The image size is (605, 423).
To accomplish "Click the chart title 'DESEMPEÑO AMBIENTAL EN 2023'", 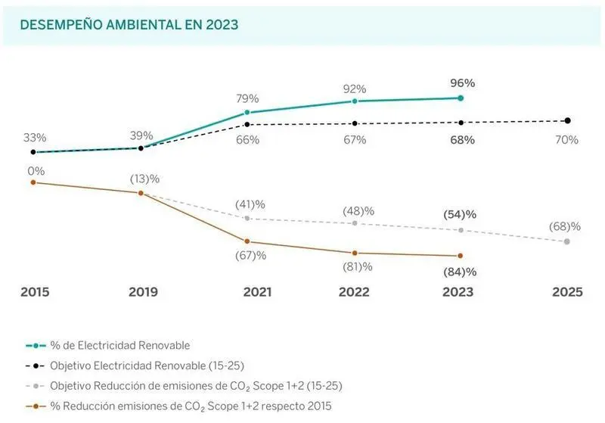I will [129, 25].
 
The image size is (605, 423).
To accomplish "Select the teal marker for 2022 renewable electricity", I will [354, 101].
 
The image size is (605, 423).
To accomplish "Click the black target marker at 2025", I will [567, 120].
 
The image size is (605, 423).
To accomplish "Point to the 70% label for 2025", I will [566, 140].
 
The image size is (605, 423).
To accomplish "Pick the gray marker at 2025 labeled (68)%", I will [567, 241].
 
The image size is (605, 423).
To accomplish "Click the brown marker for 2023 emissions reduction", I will [460, 256].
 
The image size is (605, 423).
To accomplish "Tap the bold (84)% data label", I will [460, 272].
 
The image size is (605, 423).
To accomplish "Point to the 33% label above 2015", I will [35, 138].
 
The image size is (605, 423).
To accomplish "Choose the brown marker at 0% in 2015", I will [33, 182].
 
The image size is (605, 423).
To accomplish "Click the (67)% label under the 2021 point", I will [250, 256].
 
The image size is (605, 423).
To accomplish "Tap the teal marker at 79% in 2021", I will [247, 112].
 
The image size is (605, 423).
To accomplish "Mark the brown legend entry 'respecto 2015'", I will [189, 406].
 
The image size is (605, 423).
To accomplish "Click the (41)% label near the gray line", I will [250, 204].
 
